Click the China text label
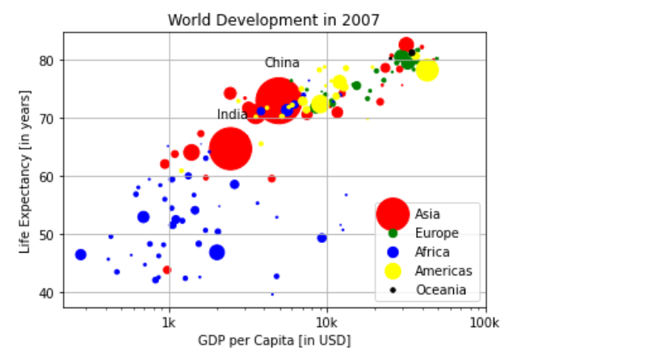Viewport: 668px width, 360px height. coord(282,63)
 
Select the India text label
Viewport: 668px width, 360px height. coord(232,115)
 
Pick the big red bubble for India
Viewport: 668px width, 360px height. coord(230,149)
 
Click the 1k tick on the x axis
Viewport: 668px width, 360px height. coord(169,322)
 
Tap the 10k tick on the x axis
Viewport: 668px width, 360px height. coord(327,322)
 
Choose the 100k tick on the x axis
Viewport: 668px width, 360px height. coord(485,322)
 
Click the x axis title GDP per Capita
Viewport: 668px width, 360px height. coord(274,341)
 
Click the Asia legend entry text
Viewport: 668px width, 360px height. coord(428,215)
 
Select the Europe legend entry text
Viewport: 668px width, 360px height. coord(436,233)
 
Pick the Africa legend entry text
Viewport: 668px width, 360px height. coord(432,252)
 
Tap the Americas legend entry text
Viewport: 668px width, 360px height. coord(443,271)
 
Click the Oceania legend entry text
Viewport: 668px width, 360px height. coord(440,290)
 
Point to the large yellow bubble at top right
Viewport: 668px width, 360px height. coord(426,70)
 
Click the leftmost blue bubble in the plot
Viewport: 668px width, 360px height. coord(81,254)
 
